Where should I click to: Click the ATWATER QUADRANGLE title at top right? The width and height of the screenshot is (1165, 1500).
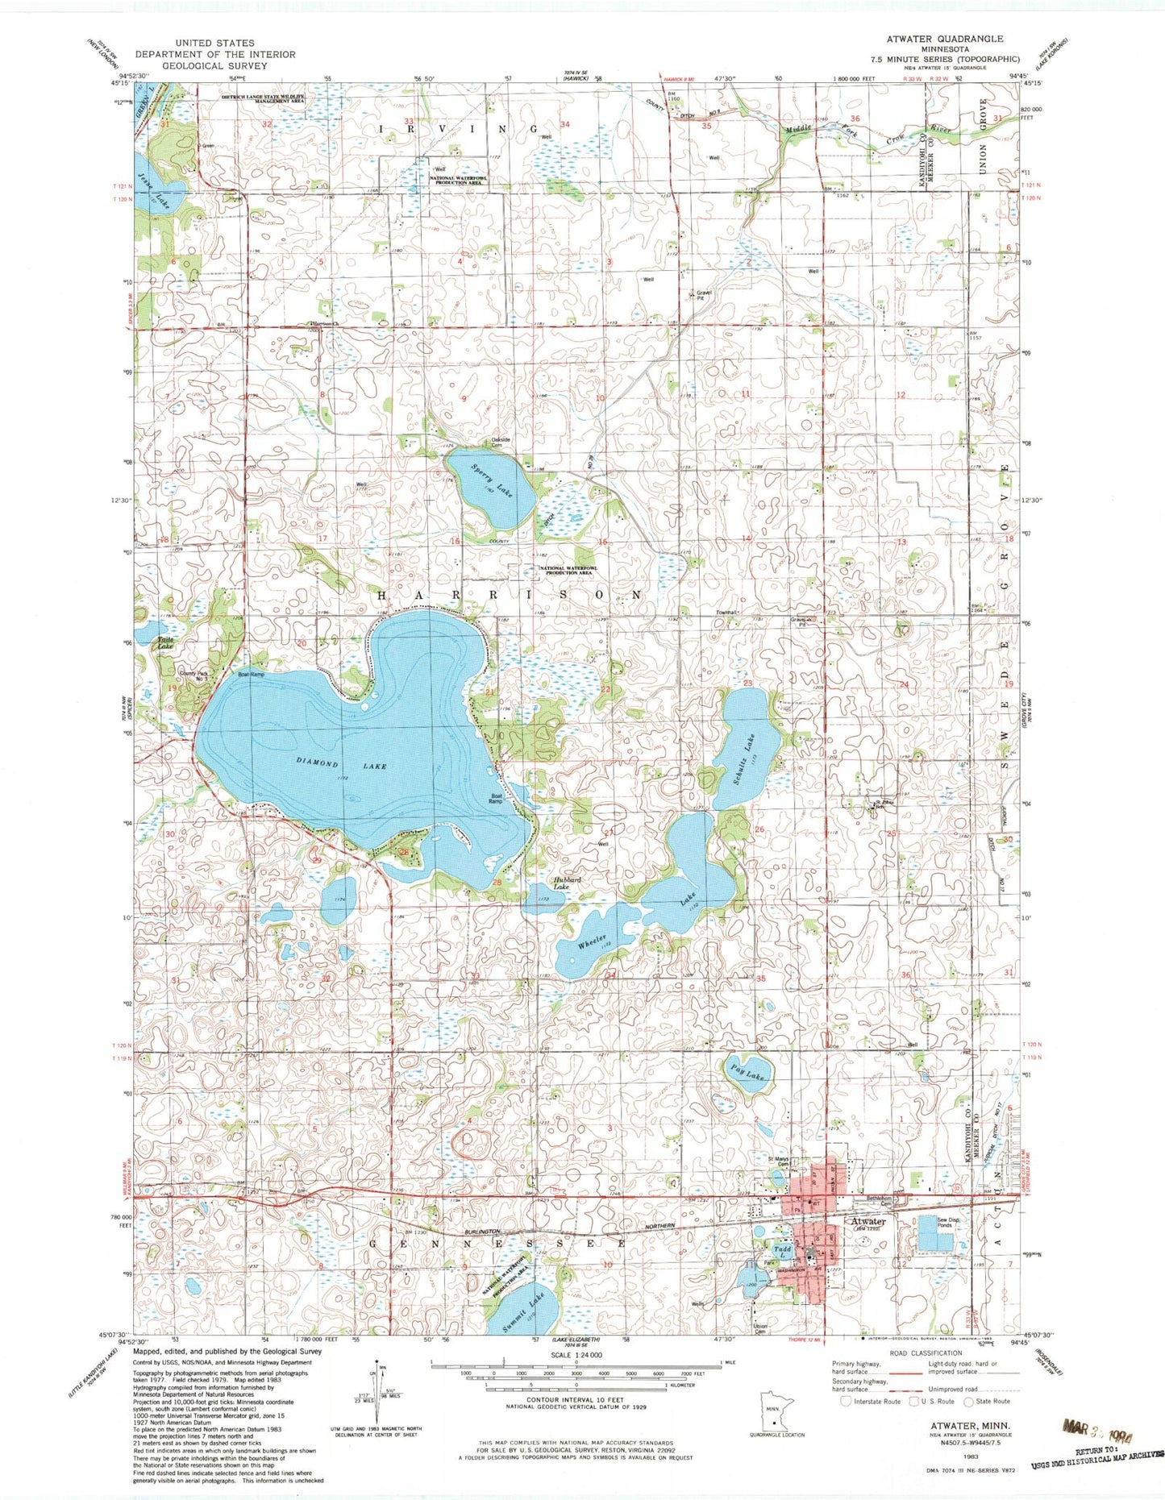click(945, 39)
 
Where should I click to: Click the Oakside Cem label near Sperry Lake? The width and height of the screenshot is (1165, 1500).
click(501, 442)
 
